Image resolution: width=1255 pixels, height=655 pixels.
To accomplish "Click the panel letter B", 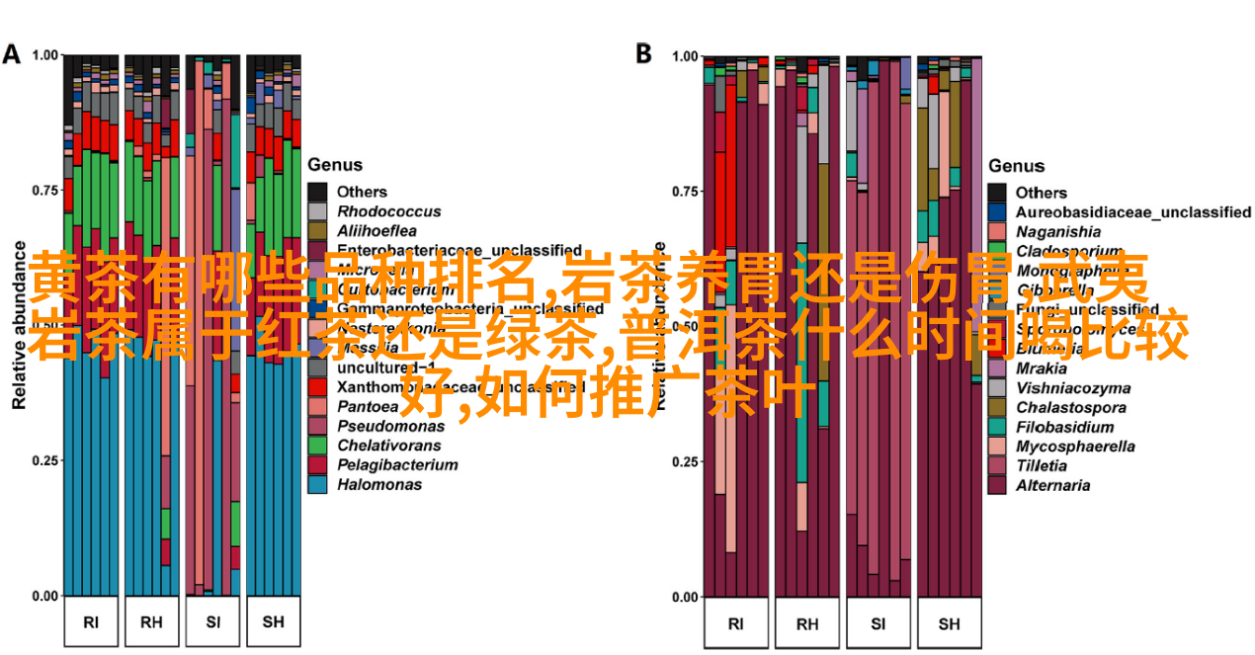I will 643,53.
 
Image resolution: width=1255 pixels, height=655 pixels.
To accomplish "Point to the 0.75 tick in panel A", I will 45,190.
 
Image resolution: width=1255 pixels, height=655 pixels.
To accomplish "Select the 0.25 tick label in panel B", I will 685,461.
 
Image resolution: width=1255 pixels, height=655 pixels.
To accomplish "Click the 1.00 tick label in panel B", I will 685,56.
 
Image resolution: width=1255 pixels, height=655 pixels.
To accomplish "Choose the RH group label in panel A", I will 151,622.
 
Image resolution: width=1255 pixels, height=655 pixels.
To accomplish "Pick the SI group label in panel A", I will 213,622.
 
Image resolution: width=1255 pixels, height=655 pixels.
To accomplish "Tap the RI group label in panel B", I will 735,623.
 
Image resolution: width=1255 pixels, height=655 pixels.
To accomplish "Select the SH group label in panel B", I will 949,623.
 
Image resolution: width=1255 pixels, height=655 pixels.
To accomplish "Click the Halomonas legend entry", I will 378,484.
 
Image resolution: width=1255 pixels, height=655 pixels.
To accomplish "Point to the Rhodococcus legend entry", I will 388,211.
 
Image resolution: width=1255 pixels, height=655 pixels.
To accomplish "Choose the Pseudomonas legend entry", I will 390,426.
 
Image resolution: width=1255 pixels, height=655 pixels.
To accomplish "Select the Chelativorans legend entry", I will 389,446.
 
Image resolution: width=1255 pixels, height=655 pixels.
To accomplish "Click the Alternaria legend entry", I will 1052,485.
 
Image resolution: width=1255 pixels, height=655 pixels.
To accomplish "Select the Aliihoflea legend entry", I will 379,230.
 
